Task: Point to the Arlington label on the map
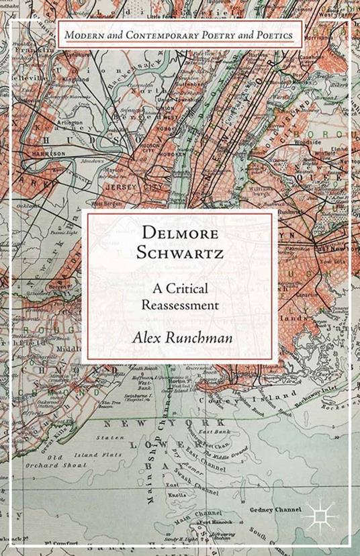point(69,123)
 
